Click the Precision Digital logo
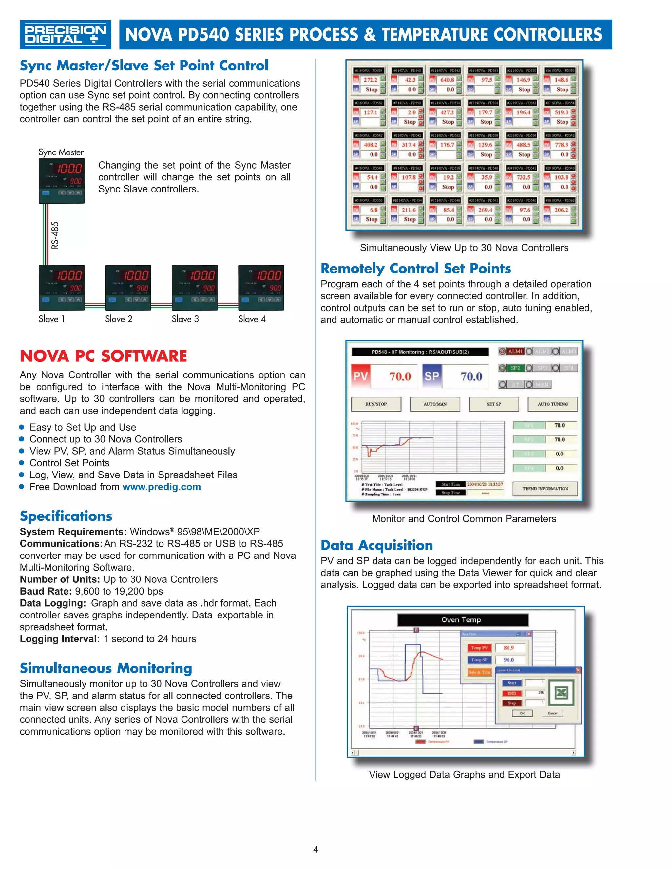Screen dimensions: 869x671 (x=65, y=35)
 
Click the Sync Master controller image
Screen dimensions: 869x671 (x=62, y=181)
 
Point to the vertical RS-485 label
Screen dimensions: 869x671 (x=55, y=235)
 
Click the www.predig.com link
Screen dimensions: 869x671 (x=162, y=487)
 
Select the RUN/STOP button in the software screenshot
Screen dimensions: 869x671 (x=376, y=404)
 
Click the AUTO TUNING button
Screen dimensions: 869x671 (x=552, y=404)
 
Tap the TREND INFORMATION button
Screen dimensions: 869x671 (x=545, y=489)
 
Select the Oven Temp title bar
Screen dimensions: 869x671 (x=463, y=619)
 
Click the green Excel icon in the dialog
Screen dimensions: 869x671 (x=561, y=693)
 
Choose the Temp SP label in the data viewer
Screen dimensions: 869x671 (x=479, y=660)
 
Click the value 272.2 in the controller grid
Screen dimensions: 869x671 (x=371, y=80)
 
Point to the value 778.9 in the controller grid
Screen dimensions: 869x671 (x=561, y=145)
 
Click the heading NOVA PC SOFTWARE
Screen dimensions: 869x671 (x=103, y=356)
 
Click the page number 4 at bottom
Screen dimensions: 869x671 (x=316, y=850)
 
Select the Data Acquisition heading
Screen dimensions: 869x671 (x=376, y=545)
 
